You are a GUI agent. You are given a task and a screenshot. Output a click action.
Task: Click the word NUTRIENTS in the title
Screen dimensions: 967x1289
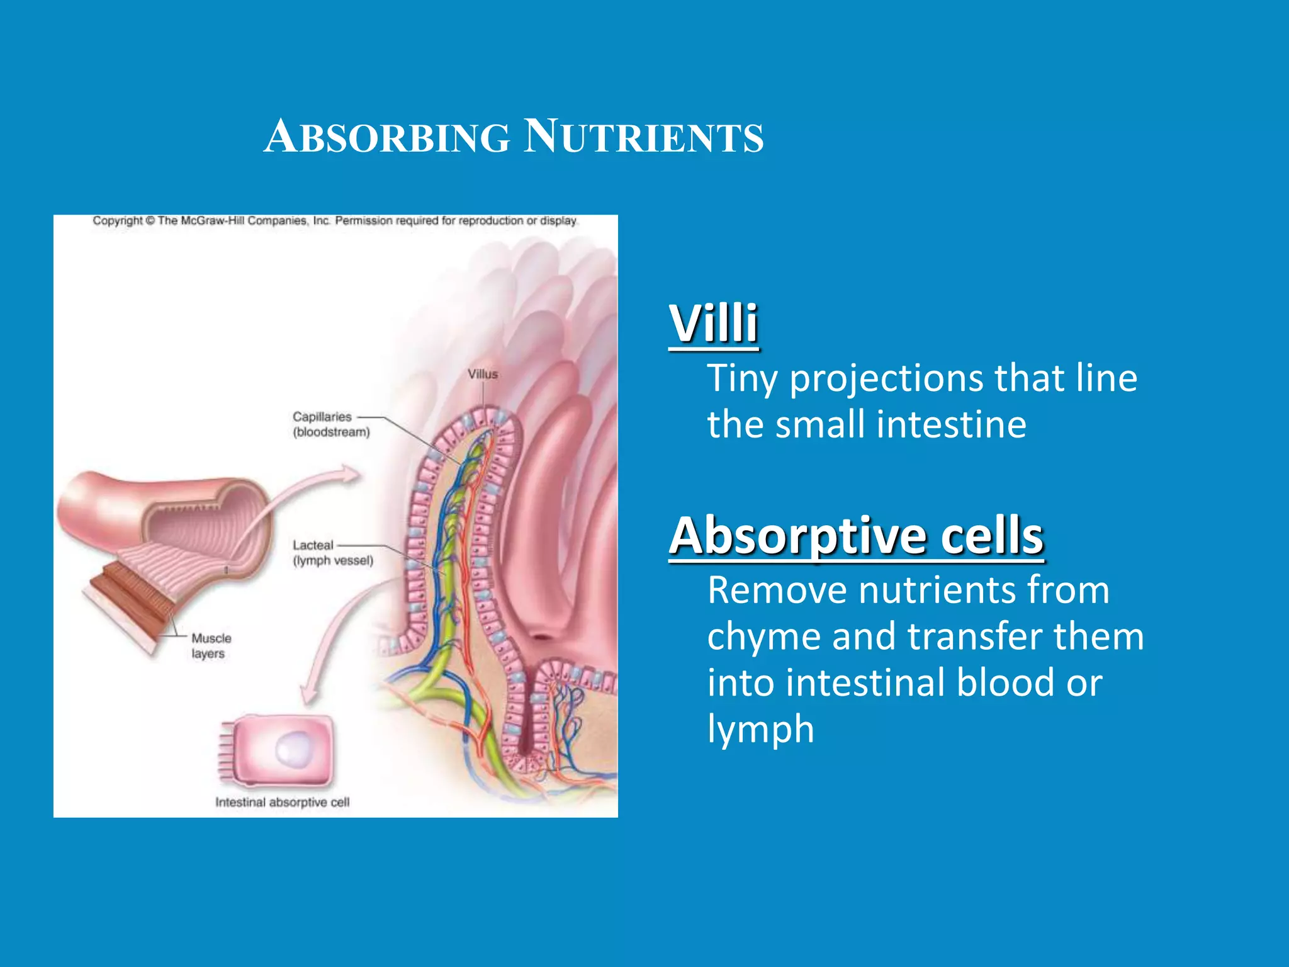click(x=643, y=137)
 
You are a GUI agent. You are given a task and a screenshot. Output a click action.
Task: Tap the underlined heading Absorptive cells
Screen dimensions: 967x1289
click(x=856, y=536)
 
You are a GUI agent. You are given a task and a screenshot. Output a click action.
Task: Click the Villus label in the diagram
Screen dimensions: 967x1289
click(x=483, y=374)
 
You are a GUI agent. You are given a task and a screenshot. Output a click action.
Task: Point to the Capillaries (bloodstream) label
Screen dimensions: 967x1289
click(x=331, y=424)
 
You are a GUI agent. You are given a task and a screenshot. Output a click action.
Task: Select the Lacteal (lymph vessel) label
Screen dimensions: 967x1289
click(x=332, y=553)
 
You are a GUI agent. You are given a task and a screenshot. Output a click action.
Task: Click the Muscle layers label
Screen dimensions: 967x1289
click(x=211, y=646)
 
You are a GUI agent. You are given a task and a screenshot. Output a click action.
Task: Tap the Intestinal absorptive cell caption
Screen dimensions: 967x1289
click(x=282, y=802)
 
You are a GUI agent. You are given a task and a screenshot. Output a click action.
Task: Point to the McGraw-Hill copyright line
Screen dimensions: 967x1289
click(x=335, y=221)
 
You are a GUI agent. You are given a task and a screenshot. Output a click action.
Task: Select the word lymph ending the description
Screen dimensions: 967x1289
click(x=760, y=729)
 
